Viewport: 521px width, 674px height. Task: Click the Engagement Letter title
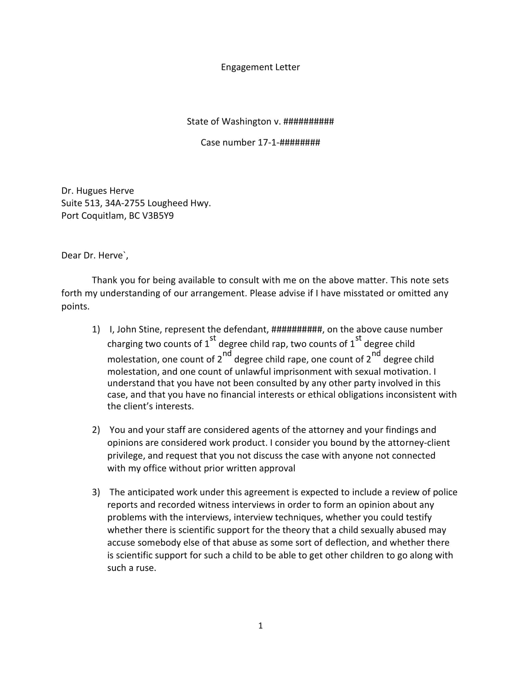(260, 67)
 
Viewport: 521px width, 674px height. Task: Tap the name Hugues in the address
(90, 191)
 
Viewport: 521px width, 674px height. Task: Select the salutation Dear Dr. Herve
(94, 255)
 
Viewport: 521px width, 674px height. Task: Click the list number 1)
(96, 329)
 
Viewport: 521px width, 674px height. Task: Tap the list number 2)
(96, 430)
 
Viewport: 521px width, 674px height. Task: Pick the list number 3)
(96, 492)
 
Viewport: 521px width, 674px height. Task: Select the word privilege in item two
(127, 456)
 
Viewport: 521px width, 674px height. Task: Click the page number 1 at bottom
(260, 626)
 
